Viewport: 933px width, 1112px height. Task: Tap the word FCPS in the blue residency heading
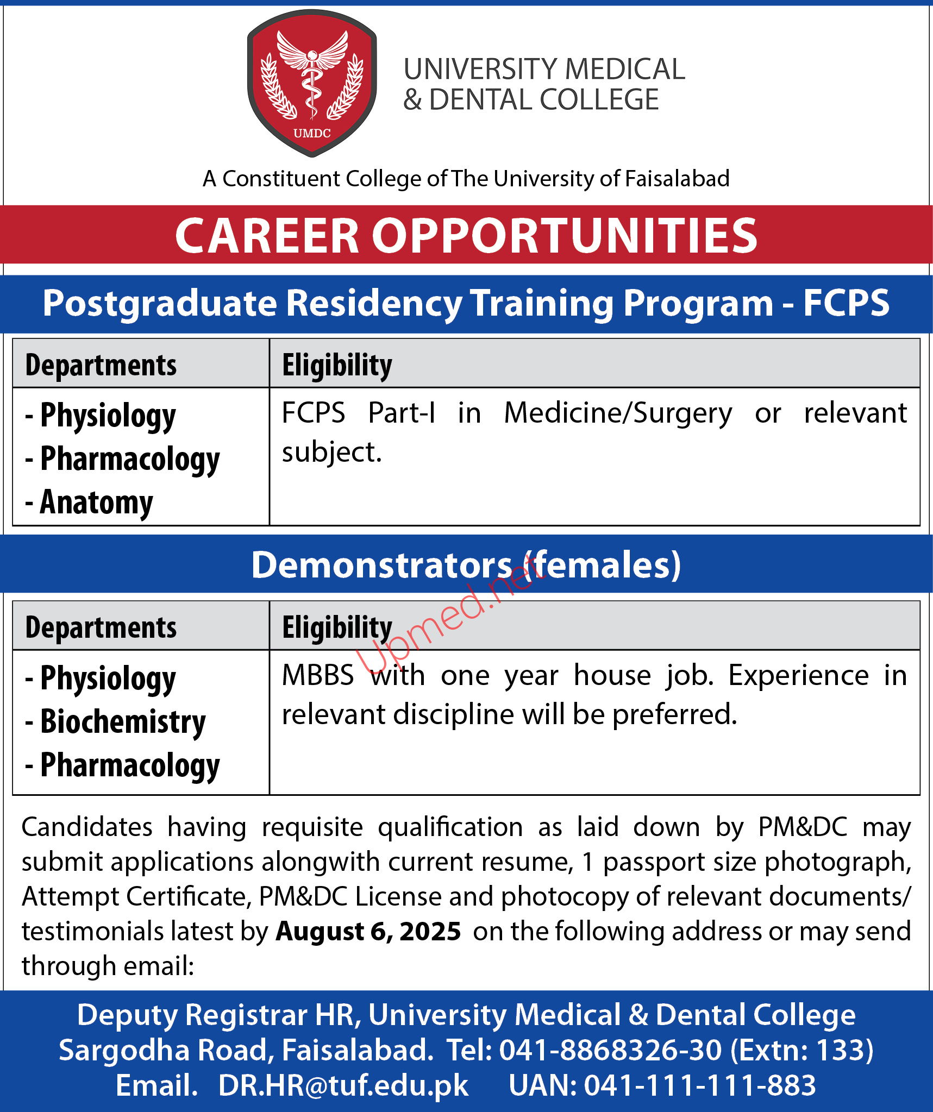846,303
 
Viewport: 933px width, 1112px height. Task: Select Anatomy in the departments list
97,502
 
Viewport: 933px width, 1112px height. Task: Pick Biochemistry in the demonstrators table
123,722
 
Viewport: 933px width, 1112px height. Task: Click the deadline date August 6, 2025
368,931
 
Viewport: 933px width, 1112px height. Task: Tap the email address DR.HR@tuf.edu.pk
343,1085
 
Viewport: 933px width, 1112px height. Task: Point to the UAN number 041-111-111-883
700,1085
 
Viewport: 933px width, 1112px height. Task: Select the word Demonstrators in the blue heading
381,565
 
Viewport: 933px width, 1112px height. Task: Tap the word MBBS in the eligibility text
318,676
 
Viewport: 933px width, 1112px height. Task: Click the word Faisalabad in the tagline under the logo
677,178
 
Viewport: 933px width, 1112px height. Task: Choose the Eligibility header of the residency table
337,365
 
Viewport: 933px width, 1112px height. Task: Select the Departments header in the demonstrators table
101,627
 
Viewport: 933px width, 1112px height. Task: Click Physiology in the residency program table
108,416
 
